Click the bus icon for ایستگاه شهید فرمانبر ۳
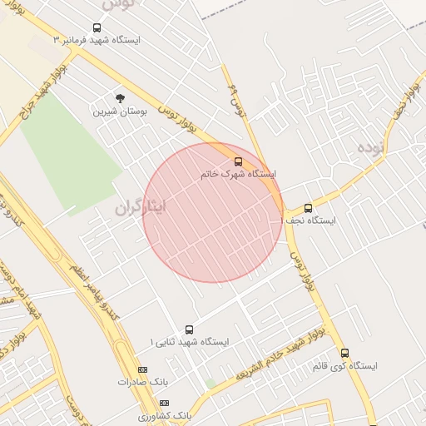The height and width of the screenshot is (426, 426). point(97,27)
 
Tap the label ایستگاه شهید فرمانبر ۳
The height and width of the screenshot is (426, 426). point(97,40)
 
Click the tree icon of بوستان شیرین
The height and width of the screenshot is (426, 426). point(120,98)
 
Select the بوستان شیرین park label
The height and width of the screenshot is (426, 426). point(120,111)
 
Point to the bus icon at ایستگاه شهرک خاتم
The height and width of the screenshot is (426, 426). point(238,161)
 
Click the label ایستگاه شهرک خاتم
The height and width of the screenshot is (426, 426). point(238,175)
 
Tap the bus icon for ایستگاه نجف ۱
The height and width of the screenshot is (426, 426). point(308,208)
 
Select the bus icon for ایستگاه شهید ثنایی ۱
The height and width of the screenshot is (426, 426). point(189,329)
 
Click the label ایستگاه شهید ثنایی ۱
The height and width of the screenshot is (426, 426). point(189,342)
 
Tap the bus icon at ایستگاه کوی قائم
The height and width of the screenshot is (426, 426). point(345,353)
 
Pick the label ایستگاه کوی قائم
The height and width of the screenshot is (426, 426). point(345,366)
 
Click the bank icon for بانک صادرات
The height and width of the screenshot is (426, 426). point(142,369)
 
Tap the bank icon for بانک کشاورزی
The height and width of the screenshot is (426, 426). point(163,403)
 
